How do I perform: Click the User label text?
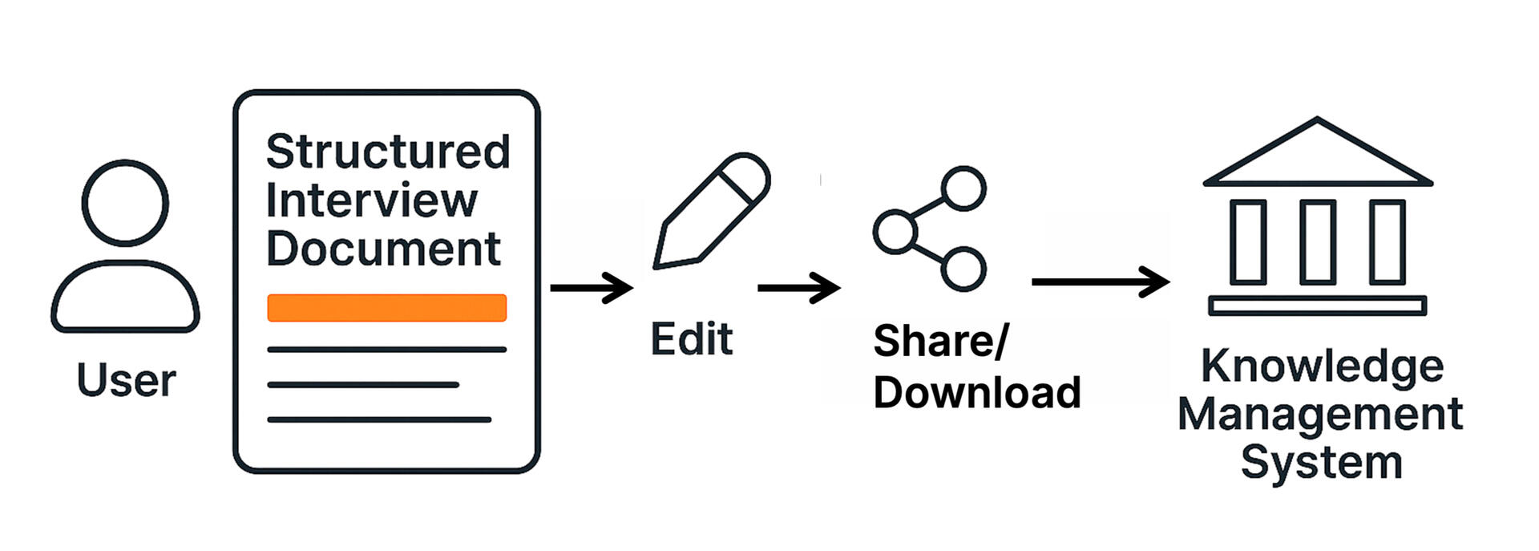126,380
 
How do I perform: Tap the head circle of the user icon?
125,203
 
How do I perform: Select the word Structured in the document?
388,152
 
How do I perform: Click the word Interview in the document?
371,201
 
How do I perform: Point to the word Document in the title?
383,249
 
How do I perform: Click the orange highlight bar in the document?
386,308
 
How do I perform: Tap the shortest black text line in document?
362,385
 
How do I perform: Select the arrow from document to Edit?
592,287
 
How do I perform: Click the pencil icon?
709,212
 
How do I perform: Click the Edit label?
691,339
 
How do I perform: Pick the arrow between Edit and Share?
798,287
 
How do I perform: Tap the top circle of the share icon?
963,188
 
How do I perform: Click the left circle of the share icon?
895,232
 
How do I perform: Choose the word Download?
977,393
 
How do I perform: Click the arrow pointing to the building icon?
1100,282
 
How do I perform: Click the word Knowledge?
1322,367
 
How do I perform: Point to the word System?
1321,463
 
